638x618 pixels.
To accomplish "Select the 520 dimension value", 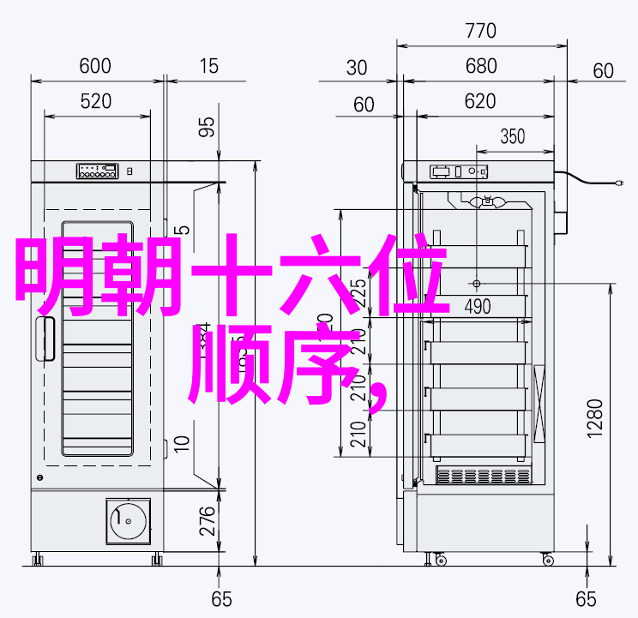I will [x=96, y=102].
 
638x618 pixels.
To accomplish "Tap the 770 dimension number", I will [x=480, y=32].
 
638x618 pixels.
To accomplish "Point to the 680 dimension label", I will [x=481, y=66].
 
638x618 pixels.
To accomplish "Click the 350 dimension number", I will [x=512, y=135].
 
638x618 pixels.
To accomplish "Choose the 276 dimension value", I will [x=207, y=521].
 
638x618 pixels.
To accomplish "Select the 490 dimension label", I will [x=477, y=306].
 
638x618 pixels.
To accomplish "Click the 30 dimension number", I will [x=357, y=69].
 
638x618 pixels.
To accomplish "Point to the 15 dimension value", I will [x=208, y=66].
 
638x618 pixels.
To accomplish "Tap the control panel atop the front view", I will [x=96, y=171].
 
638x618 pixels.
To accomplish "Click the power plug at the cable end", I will [x=619, y=183].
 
